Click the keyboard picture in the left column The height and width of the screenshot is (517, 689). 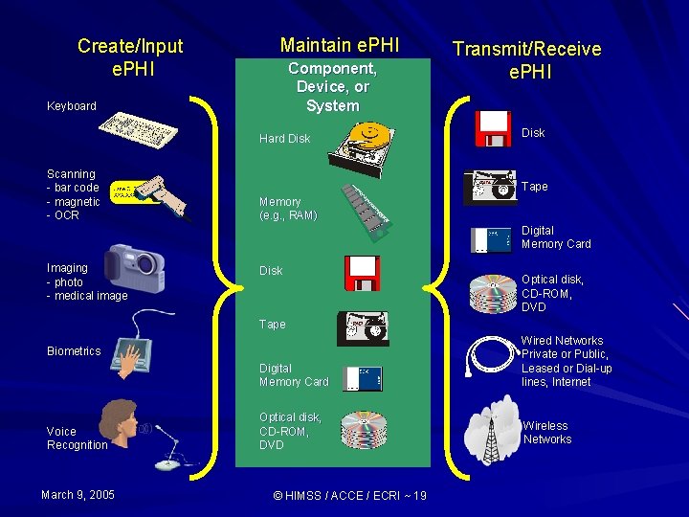coord(142,128)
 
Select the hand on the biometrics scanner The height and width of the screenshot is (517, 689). coord(127,355)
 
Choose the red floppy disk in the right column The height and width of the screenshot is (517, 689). coord(494,129)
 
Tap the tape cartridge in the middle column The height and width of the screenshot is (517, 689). coord(362,327)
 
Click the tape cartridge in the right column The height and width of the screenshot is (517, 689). coord(490,188)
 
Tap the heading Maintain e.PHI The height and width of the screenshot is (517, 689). coord(340,45)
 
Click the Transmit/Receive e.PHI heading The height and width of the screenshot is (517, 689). coord(526,58)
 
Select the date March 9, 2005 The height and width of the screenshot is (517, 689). coord(78,494)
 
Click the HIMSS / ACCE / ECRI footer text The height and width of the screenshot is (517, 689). coord(349,495)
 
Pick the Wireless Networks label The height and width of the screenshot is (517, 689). coord(547,433)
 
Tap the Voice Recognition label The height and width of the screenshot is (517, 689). coord(77,438)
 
